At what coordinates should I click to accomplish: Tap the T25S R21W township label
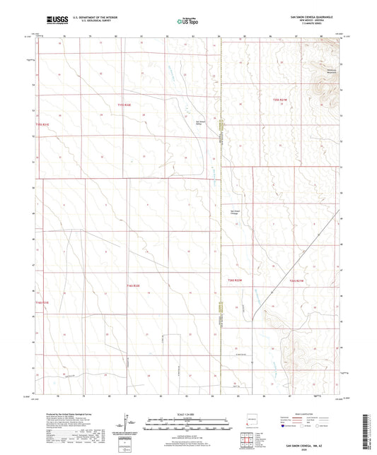coord(281,100)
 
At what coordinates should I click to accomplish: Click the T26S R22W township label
coord(236,280)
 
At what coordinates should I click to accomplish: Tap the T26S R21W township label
coord(296,280)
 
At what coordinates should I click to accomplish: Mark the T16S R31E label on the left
coord(44,302)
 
